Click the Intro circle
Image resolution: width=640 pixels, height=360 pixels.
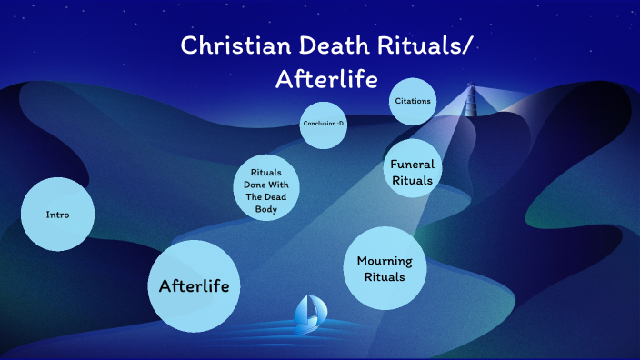pos(57,215)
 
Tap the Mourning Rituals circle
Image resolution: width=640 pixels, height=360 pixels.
pos(385,268)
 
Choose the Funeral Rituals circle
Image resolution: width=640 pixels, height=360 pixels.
pos(412,172)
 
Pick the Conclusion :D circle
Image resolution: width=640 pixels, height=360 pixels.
pos(324,125)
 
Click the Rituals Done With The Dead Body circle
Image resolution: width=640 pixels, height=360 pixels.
pos(266,189)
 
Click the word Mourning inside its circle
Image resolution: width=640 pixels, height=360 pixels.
pos(385,261)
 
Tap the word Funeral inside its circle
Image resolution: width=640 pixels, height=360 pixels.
pos(412,165)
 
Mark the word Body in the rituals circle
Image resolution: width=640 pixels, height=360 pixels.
pos(265,210)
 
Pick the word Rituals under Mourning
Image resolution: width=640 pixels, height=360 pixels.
pos(385,276)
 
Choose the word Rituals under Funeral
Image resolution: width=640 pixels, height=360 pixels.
pos(412,180)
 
